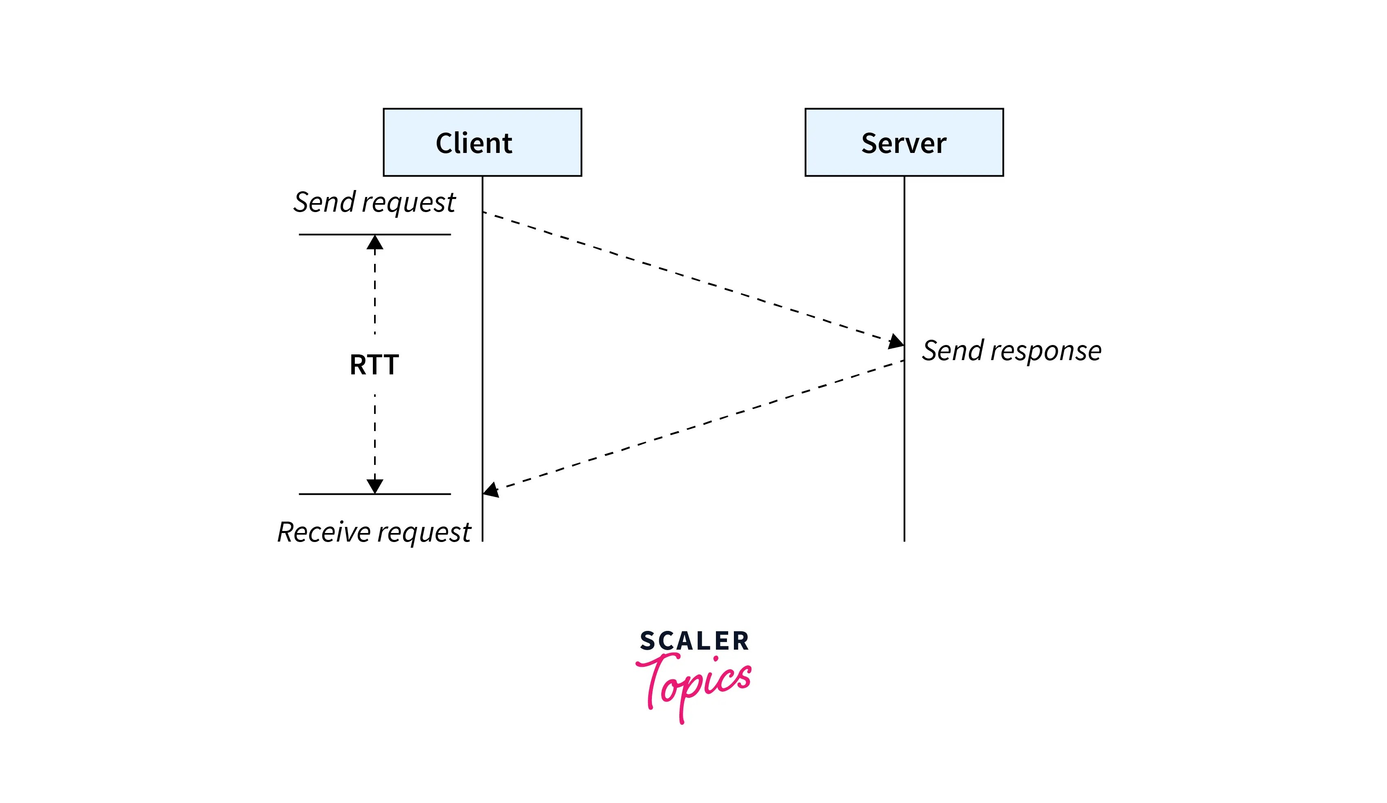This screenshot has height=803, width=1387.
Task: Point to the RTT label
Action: click(374, 365)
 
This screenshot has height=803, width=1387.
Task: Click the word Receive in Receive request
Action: click(323, 532)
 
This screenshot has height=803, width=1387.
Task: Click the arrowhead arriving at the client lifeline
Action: click(491, 489)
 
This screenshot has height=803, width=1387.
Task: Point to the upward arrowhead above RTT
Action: click(375, 243)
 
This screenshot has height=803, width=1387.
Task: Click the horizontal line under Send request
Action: click(330, 234)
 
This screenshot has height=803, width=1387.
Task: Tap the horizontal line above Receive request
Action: click(330, 494)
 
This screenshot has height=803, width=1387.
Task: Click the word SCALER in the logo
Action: click(694, 641)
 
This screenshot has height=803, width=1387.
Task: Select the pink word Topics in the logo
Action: click(695, 682)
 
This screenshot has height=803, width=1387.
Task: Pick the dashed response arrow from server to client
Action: click(693, 426)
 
